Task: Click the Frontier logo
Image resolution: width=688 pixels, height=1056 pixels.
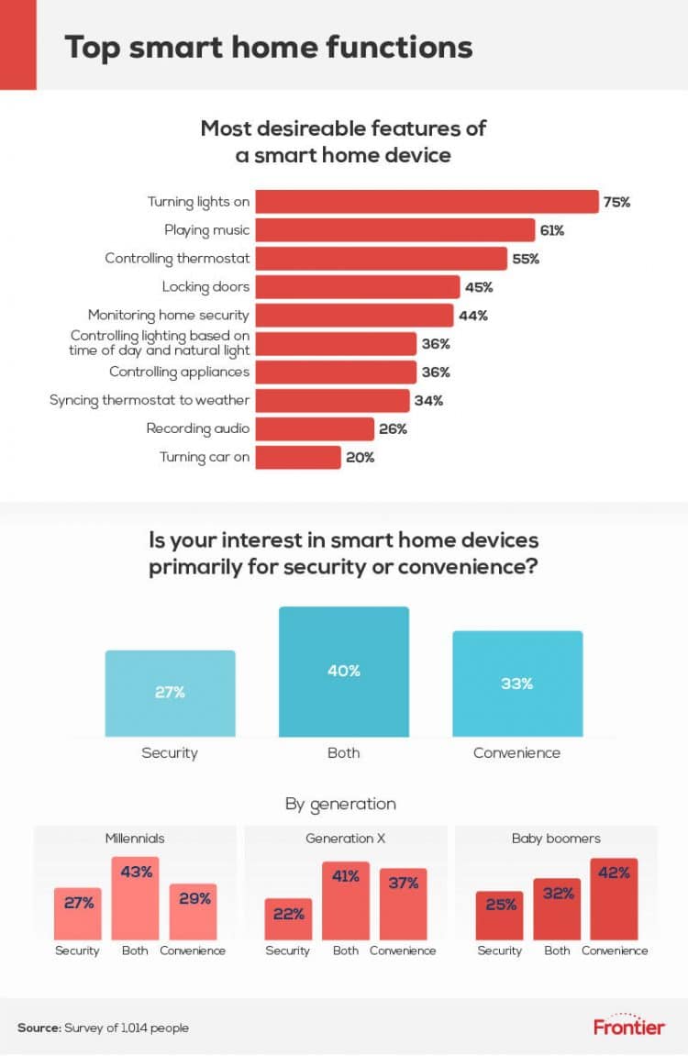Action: tap(628, 1025)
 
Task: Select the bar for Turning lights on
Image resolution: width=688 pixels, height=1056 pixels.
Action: tap(426, 202)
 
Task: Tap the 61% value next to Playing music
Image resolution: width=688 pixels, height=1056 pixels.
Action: tap(552, 230)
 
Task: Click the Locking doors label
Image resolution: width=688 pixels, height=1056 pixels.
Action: tap(205, 287)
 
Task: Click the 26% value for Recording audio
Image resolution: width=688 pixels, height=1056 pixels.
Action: tap(392, 428)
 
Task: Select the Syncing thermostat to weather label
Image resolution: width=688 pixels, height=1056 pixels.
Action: tap(150, 401)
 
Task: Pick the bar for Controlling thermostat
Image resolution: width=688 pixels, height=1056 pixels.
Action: tap(381, 259)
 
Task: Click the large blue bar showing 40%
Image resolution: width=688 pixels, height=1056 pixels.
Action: tap(344, 672)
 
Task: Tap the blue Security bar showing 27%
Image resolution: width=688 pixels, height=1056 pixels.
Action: tap(170, 694)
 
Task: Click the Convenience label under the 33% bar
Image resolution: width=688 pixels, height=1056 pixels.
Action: tap(516, 753)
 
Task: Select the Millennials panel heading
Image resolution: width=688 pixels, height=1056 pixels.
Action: tap(135, 839)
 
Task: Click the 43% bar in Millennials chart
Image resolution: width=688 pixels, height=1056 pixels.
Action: tap(136, 897)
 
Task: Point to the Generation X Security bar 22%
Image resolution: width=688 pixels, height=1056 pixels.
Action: tap(288, 918)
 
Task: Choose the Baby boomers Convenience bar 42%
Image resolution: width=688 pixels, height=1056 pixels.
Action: tap(614, 898)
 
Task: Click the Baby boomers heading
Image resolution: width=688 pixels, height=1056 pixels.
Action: tap(555, 839)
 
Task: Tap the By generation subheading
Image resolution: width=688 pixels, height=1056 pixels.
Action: tap(340, 804)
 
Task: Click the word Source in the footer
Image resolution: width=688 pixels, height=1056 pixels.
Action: tap(38, 1028)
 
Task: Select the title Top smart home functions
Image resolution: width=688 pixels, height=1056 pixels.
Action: tap(268, 47)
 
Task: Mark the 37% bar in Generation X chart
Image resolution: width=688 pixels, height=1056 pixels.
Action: tap(403, 904)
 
